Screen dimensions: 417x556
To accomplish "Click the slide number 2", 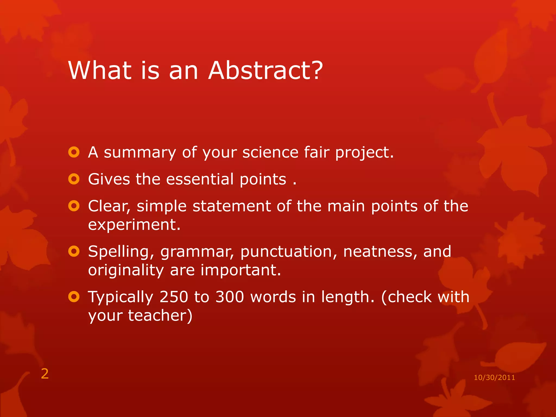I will pos(45,374).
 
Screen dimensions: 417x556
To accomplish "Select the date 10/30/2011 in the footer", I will pos(494,377).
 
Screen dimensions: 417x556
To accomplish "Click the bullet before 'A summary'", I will pos(74,152).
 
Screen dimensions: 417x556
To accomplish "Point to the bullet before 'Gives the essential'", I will pos(74,179).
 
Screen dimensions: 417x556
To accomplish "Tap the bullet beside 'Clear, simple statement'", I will pos(74,206).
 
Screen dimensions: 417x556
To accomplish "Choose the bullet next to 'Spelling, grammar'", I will pos(74,251).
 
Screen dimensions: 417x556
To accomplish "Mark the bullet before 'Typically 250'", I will pos(74,297).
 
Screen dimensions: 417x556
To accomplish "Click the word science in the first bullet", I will pos(270,152).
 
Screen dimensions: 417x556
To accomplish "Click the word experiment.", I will pos(134,225).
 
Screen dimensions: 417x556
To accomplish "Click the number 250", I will pos(174,297).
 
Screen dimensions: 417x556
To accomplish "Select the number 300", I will pos(230,297).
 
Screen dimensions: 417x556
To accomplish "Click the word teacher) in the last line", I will pos(160,315).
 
